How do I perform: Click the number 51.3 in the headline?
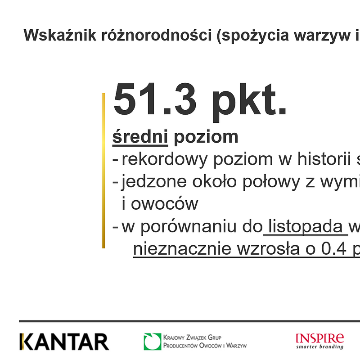155,100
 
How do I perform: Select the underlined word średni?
140,137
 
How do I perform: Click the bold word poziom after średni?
206,137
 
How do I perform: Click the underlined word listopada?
306,227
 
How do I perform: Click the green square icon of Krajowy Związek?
152,342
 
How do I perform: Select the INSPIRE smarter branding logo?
319,341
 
